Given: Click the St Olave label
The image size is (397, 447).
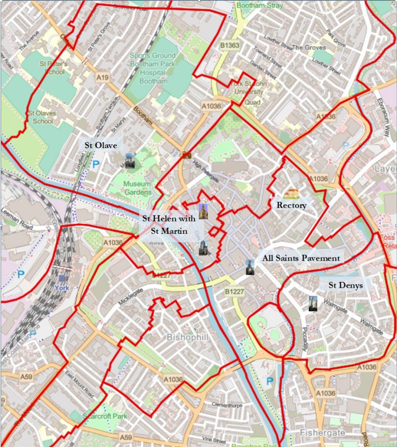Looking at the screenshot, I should click(101, 145).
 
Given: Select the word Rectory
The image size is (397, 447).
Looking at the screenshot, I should click(292, 205).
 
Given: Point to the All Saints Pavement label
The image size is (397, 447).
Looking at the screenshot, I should click(300, 258).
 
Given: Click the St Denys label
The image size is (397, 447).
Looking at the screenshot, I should click(346, 285).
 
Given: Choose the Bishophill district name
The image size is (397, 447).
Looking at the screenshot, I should click(187, 337).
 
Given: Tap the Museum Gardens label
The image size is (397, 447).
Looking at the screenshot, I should click(138, 188).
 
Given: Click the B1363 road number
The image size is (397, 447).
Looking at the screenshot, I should click(231, 46).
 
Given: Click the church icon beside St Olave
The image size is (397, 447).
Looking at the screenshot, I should click(130, 161).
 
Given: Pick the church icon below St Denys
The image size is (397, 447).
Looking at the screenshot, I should click(312, 303).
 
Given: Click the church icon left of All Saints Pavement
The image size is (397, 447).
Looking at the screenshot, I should click(250, 267).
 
